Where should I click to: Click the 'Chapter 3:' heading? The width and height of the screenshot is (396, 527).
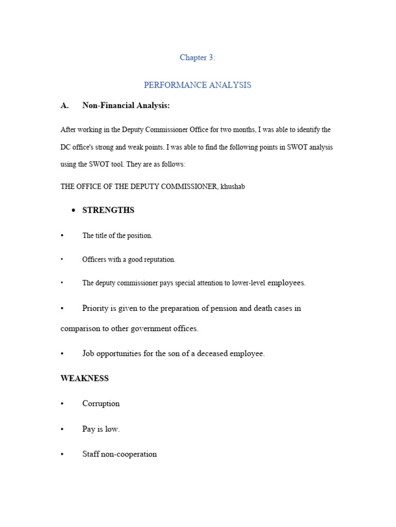pos(197,58)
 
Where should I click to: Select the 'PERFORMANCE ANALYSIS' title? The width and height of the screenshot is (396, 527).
pos(197,85)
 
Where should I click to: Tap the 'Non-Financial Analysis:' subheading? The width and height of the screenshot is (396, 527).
pos(126,106)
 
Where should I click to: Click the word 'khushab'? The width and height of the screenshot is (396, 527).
pos(233,186)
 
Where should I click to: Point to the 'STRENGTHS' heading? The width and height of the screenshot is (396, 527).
pos(108,210)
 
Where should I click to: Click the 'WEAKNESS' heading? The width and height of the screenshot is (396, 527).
pos(85,378)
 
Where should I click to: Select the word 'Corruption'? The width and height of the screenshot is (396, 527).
pos(101,403)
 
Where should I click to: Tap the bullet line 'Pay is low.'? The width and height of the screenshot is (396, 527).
pos(101,429)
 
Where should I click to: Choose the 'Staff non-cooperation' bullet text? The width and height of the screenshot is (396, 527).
pos(120,454)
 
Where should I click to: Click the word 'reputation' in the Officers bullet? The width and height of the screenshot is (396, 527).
pos(158,259)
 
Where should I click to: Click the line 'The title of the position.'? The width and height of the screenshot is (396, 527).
pos(118,236)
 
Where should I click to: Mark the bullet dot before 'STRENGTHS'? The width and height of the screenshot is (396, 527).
pos(73,210)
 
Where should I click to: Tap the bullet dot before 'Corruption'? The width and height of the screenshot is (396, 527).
pos(62,403)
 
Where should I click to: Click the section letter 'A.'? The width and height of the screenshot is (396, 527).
pos(64,106)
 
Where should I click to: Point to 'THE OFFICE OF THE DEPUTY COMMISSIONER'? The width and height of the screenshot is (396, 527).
pos(139,186)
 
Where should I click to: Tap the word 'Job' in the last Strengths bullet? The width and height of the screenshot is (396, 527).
pos(89,354)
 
